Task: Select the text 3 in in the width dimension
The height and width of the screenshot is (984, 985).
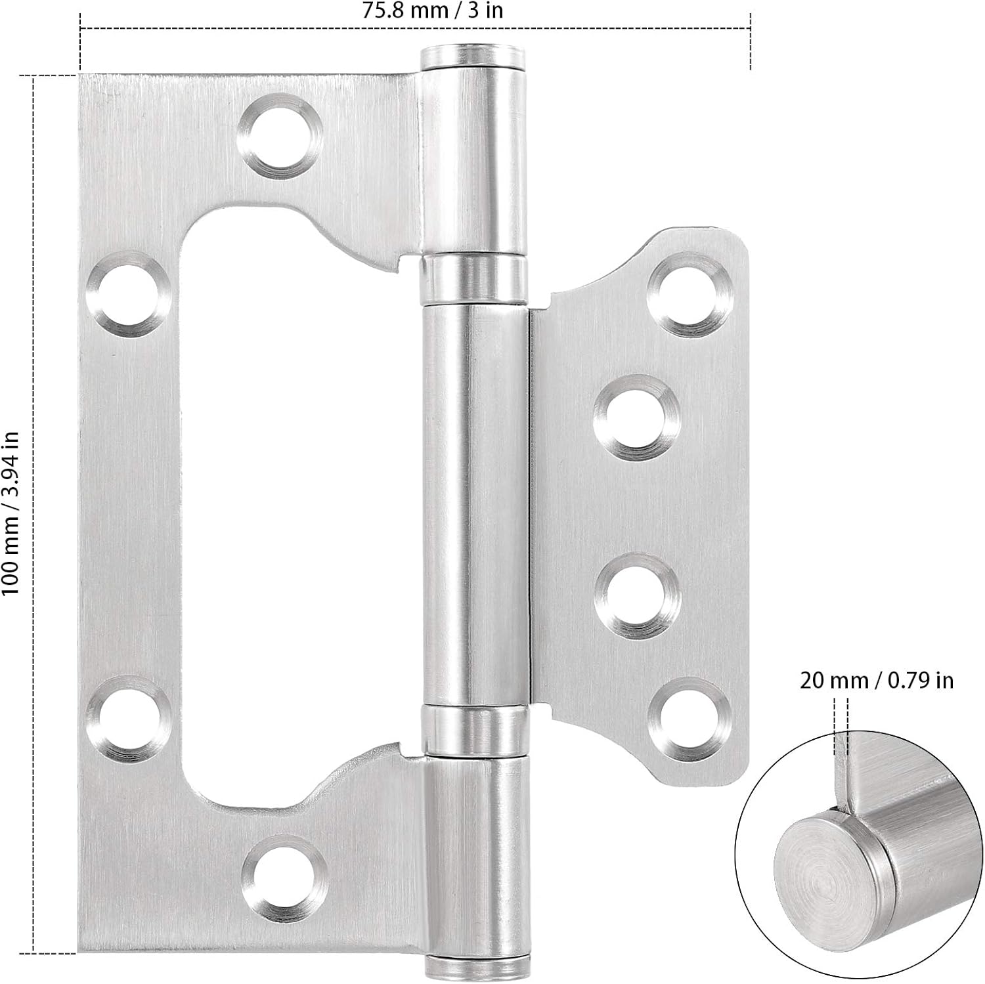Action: [486, 10]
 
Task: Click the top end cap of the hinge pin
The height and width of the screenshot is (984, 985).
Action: [473, 57]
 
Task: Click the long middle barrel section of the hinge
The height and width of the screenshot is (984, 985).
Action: [473, 505]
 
